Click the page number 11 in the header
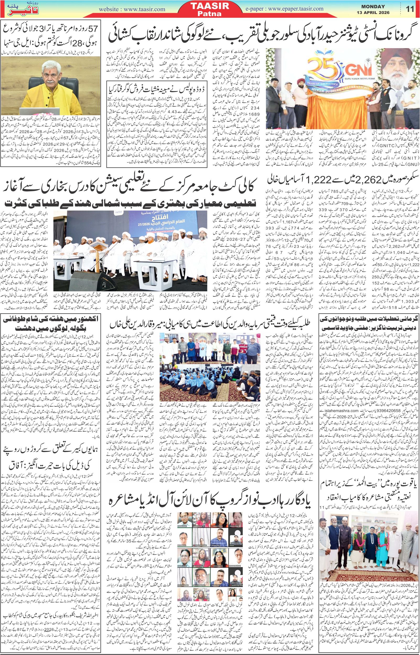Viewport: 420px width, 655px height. tap(410, 9)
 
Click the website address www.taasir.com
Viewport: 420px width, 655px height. tap(132, 9)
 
